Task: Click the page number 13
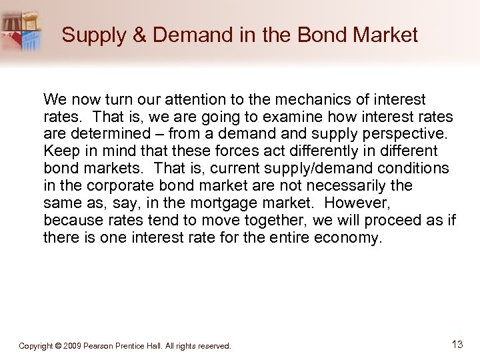(x=457, y=345)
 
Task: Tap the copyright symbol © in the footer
(x=59, y=346)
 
